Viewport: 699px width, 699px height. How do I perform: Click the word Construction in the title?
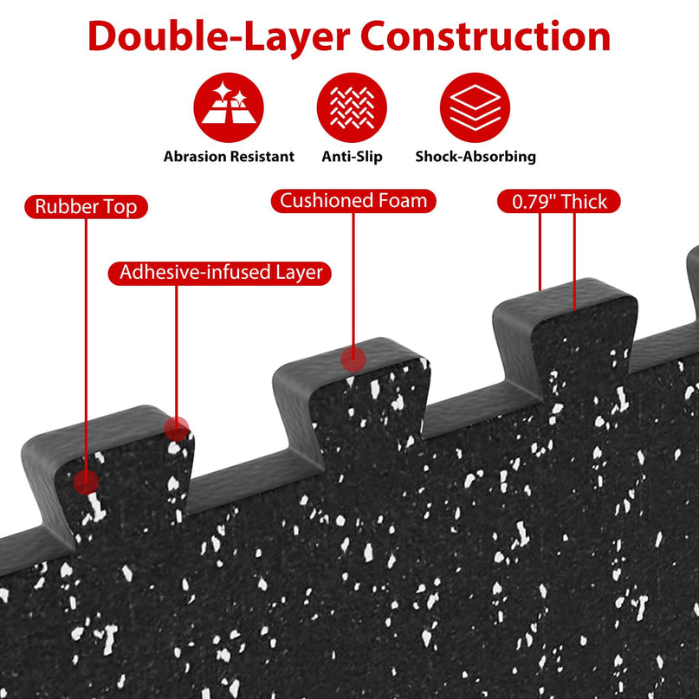click(485, 36)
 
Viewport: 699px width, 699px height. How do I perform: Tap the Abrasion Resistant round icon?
click(229, 107)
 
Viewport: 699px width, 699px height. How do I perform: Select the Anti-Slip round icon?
click(352, 107)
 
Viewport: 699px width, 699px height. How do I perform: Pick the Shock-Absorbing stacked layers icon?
click(475, 107)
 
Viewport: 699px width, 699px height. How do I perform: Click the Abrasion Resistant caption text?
click(229, 157)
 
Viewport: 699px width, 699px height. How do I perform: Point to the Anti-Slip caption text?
click(353, 157)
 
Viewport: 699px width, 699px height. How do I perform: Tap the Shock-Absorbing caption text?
click(476, 157)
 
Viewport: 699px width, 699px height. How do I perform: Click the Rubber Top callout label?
click(86, 207)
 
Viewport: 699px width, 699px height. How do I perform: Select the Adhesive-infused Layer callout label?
click(220, 273)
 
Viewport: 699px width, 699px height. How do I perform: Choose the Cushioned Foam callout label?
click(353, 201)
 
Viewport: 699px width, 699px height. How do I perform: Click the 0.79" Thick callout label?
click(559, 202)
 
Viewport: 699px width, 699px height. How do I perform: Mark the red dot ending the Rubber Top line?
click(86, 482)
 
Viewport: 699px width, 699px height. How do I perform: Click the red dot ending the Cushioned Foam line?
click(353, 359)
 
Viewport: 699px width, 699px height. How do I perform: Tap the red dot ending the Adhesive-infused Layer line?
click(177, 429)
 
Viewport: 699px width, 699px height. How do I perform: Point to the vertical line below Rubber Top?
click(86, 344)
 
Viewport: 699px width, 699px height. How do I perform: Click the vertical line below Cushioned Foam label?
click(353, 280)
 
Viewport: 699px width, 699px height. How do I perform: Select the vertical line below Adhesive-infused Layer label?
click(177, 351)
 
